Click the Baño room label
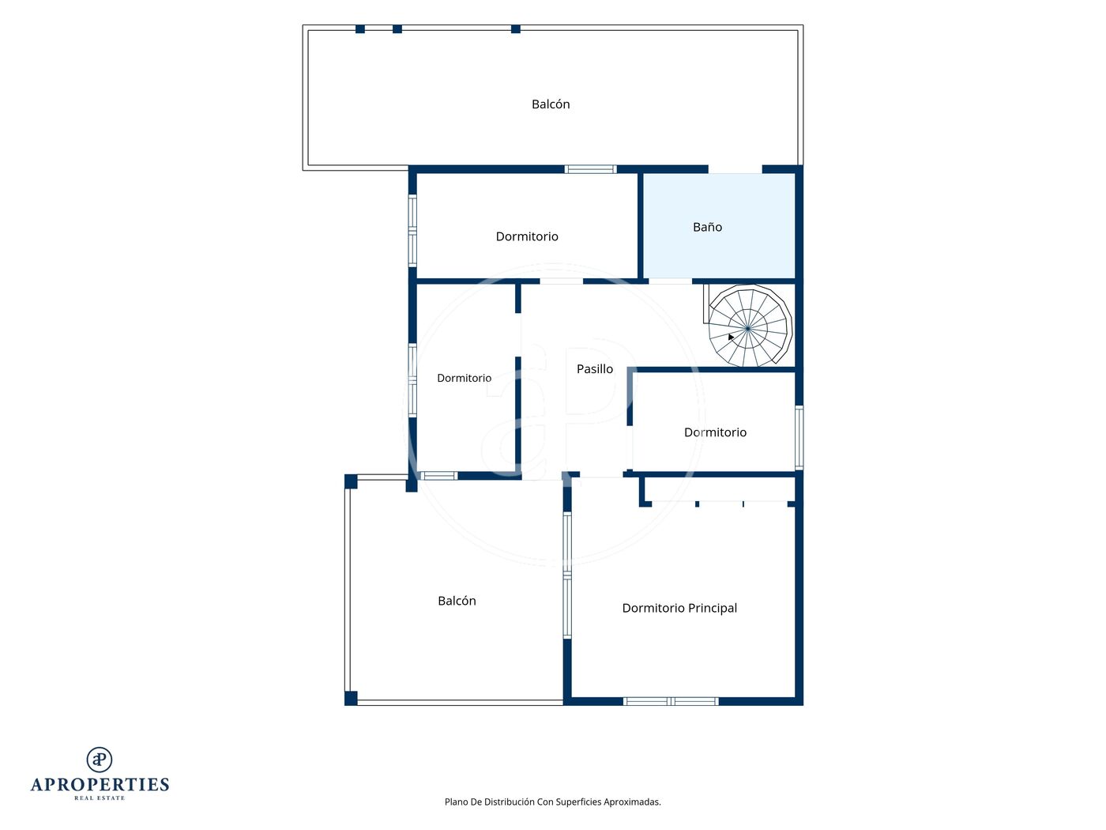tap(707, 227)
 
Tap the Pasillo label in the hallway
tap(595, 368)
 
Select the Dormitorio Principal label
tap(679, 607)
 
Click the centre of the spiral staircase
tap(748, 328)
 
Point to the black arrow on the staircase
tap(731, 337)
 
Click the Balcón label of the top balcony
tap(551, 104)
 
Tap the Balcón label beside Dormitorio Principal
tap(457, 600)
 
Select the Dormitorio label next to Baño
tap(527, 236)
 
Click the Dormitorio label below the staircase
tap(715, 432)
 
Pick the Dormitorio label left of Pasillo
tap(464, 378)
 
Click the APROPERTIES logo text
tap(100, 784)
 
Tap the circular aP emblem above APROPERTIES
tap(100, 760)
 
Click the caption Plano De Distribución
tap(552, 802)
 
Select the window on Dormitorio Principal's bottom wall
tap(671, 701)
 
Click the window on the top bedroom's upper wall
tap(590, 169)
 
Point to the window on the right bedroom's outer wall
tap(799, 438)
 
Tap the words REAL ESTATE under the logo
tap(100, 798)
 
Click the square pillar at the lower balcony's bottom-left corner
tap(351, 698)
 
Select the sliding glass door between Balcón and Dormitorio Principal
tap(567, 575)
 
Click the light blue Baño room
tap(719, 226)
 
